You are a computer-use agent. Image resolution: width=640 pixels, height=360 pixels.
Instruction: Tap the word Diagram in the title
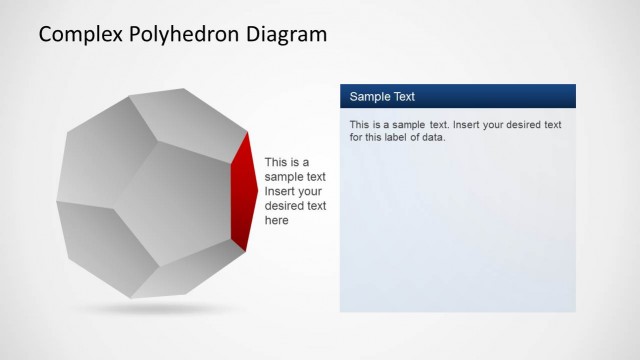[x=288, y=35]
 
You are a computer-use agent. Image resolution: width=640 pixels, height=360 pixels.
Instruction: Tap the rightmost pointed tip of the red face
[x=258, y=189]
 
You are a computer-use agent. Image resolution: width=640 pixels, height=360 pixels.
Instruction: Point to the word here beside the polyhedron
[x=277, y=221]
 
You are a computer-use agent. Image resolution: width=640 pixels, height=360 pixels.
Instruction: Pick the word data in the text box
[x=432, y=137]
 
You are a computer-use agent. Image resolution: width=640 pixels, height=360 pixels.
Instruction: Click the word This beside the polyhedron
[x=276, y=161]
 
